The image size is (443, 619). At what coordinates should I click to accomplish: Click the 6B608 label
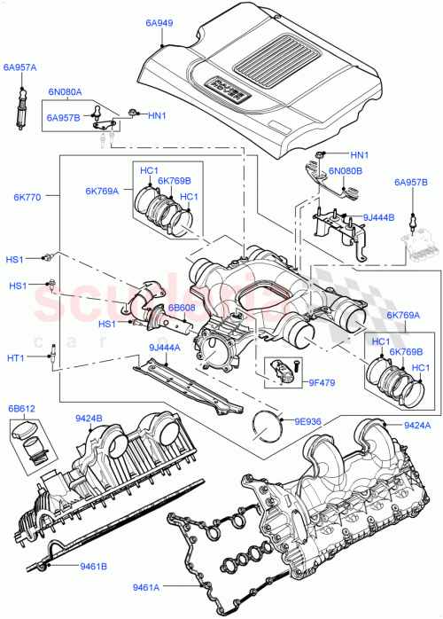(x=183, y=307)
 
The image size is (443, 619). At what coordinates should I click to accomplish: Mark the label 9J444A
(x=165, y=347)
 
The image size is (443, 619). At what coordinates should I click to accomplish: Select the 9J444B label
(x=379, y=216)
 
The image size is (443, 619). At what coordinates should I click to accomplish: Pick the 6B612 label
(x=22, y=409)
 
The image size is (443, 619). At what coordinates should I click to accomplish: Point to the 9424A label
(x=416, y=426)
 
